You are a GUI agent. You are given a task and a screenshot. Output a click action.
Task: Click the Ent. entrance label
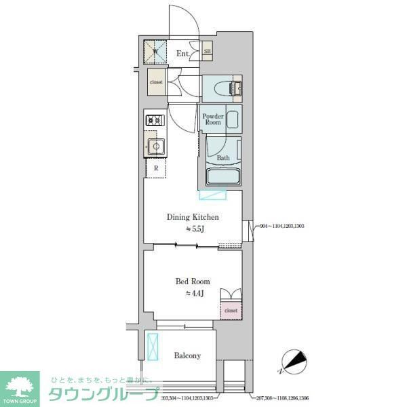click(183, 53)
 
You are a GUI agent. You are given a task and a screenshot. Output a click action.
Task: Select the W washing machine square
click(155, 51)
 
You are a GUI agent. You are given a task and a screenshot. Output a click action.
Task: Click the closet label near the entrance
click(156, 82)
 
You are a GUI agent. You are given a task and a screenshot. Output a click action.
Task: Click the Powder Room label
click(213, 119)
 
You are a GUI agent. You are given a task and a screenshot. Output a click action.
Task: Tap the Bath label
click(222, 158)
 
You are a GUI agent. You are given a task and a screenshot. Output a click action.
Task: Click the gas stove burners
click(155, 121)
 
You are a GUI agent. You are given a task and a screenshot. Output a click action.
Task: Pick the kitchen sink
click(156, 146)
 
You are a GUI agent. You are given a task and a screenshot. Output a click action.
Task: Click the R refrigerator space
click(156, 168)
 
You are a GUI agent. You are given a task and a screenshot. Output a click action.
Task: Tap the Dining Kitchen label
click(193, 217)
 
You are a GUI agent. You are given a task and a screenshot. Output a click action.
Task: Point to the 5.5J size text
click(195, 229)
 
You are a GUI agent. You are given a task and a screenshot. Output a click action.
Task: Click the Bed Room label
click(193, 281)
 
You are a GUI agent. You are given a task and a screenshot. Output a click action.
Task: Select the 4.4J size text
click(195, 293)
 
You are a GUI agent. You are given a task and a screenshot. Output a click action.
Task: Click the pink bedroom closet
click(231, 309)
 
